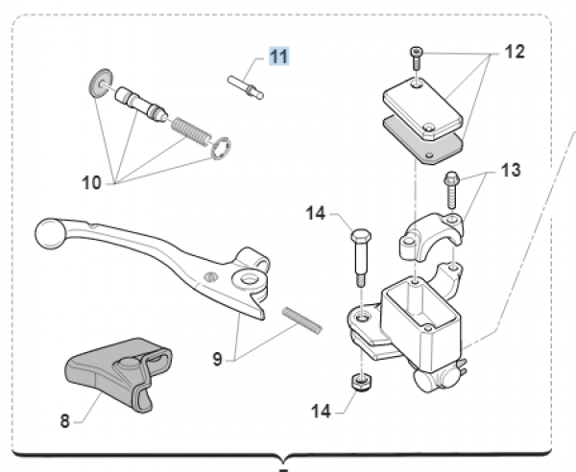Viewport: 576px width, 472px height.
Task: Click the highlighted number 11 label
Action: click(x=277, y=57)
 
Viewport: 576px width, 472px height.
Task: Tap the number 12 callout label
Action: click(x=515, y=52)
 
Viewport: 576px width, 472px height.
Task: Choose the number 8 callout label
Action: click(x=66, y=420)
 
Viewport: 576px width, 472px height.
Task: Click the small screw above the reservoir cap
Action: click(x=416, y=58)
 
